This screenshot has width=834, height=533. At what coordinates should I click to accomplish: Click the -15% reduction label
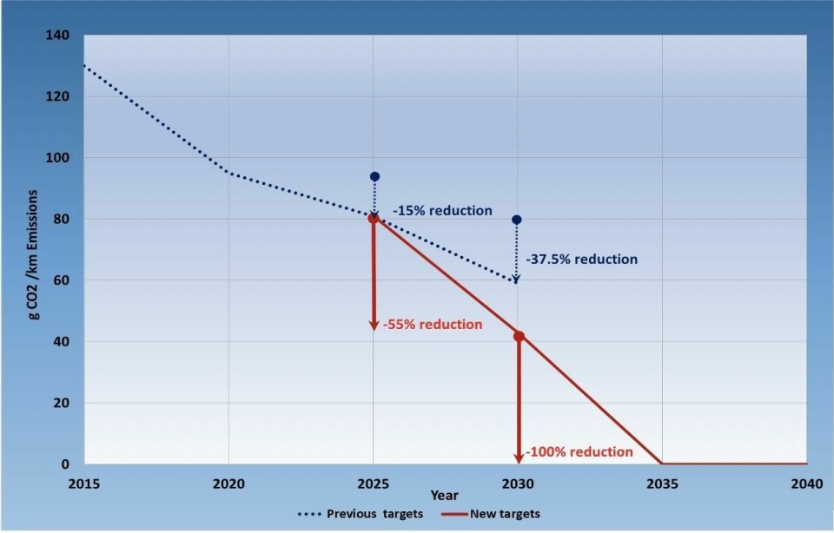click(x=441, y=211)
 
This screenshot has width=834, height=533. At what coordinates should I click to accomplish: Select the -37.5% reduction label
click(x=581, y=259)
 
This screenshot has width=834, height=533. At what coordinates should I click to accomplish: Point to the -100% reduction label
click(x=579, y=452)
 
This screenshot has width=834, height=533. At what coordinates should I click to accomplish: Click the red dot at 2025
click(x=374, y=218)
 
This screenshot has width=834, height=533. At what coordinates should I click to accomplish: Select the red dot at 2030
click(x=519, y=336)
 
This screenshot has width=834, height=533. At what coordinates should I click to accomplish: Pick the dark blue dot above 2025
click(x=374, y=176)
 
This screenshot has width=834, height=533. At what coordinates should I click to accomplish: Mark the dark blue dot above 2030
click(x=517, y=220)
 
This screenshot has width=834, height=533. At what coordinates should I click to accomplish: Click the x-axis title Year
click(x=445, y=496)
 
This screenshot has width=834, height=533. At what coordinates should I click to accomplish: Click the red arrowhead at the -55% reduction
click(x=374, y=326)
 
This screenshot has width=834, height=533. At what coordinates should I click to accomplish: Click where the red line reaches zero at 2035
click(x=662, y=464)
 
